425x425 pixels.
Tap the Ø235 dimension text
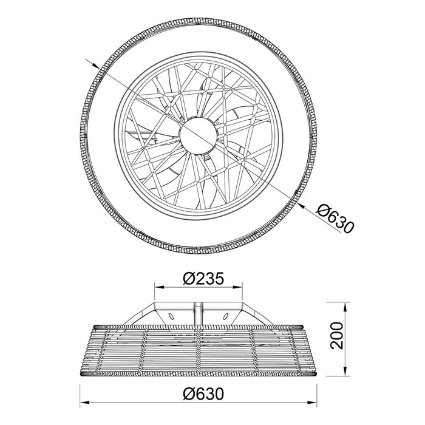[203, 279]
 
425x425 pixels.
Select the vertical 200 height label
[336, 336]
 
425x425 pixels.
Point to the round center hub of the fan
[199, 135]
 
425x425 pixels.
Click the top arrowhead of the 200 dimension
[345, 307]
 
